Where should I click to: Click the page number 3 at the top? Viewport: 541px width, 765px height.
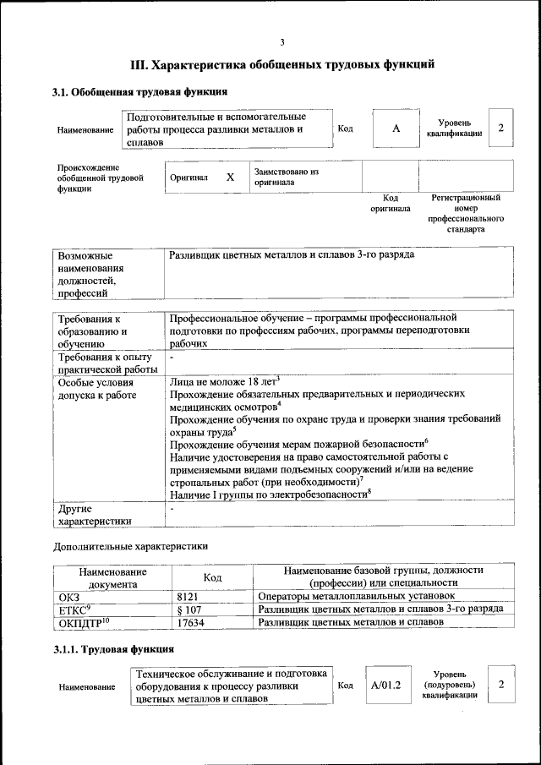[282, 43]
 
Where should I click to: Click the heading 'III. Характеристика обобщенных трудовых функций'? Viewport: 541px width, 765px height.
[282, 64]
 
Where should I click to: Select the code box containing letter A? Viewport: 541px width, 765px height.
[396, 128]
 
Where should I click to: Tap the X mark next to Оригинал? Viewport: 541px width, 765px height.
[230, 178]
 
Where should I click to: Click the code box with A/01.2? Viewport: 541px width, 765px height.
[385, 685]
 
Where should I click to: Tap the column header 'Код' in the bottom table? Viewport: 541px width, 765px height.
[213, 577]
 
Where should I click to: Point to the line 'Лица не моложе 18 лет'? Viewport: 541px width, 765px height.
[223, 382]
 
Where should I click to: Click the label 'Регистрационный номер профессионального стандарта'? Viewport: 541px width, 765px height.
[466, 214]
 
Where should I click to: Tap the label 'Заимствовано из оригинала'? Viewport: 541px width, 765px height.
[287, 177]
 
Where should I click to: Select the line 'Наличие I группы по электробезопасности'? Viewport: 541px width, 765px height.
[270, 493]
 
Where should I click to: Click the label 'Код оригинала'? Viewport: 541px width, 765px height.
[390, 203]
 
